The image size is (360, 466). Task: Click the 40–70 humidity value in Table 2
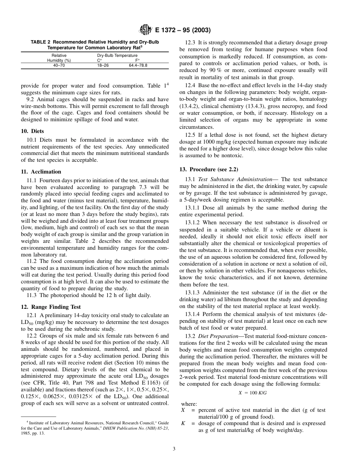pos(59,65)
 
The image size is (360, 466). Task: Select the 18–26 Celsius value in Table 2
pos(103,65)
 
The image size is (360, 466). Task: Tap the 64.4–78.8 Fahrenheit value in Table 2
pos(138,65)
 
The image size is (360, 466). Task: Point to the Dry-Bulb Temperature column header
pos(117,55)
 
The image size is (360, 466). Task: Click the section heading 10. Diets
pos(33,131)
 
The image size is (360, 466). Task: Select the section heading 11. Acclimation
pos(41,172)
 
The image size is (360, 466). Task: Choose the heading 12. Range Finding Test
pos(51,307)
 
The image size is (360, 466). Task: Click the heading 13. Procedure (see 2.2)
pos(209,169)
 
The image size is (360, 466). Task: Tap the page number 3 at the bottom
pos(174,449)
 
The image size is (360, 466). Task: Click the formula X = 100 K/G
pos(253,393)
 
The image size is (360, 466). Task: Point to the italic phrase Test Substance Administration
pos(235,179)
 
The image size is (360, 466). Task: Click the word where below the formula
pos(189,404)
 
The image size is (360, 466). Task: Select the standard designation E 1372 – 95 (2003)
pos(183,30)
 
